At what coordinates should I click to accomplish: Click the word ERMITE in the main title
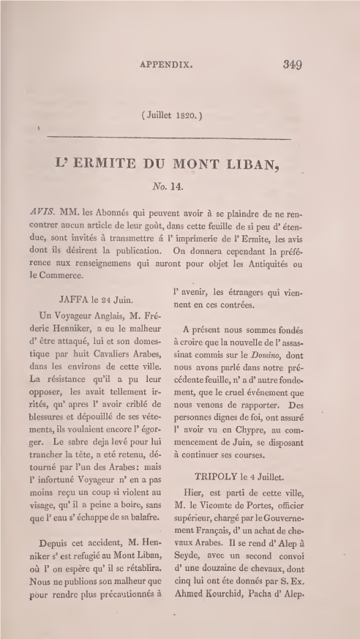pyautogui.click(x=121, y=165)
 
